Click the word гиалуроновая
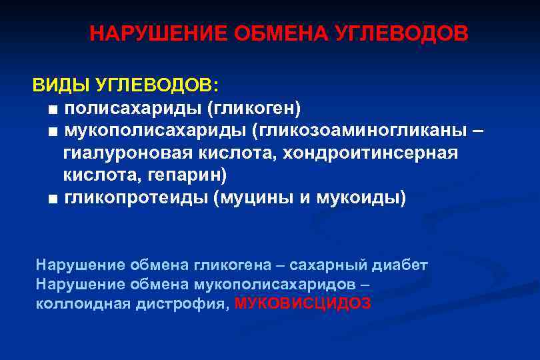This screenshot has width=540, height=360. (x=127, y=153)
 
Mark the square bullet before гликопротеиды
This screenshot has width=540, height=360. (x=53, y=199)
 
